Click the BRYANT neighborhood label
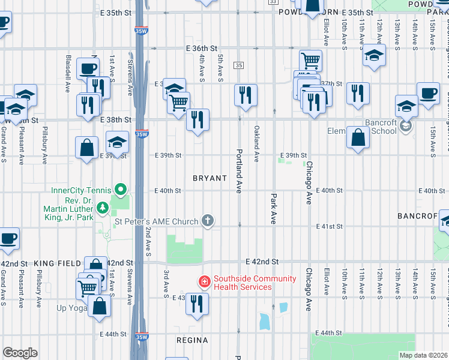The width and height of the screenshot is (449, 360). point(209,178)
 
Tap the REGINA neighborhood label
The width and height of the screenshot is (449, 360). point(192,340)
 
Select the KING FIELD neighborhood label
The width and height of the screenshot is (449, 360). point(57,263)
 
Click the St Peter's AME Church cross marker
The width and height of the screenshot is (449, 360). point(208,221)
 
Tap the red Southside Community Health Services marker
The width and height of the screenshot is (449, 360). point(204,281)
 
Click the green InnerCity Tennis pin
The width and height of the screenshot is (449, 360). point(121,191)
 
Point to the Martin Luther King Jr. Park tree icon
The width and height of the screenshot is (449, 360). point(102,208)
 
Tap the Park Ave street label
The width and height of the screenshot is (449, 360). point(273,208)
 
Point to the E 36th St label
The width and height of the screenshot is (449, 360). point(200,48)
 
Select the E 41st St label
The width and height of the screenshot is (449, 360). point(330,226)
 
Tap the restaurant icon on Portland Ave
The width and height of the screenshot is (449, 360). point(246,95)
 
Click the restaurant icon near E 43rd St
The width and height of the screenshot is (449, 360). point(197,304)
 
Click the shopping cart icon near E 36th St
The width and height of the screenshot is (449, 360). point(310,59)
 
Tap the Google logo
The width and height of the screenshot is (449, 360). point(20,353)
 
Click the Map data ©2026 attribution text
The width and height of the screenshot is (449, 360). point(423,355)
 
